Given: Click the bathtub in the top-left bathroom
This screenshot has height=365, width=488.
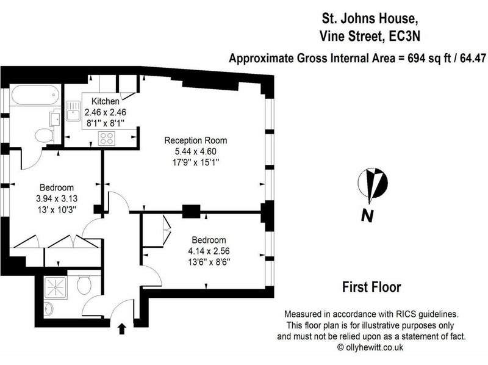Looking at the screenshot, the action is coord(35,95).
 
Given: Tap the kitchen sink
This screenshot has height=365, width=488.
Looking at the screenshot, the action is coord(73,110).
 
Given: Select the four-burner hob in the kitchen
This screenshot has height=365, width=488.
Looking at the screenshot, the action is coord(107,139).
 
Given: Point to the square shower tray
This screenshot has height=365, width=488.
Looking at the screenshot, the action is coord(56,287).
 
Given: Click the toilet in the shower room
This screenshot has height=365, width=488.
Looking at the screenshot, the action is coord(84,284).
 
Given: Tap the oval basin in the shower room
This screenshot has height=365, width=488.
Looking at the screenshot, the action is coord(49,309).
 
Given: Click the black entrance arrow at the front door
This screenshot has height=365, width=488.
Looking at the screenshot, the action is coord(122,329).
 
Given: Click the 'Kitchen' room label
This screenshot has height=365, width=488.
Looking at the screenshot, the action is coord(105,101).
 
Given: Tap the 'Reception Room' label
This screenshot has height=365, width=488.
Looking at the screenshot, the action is coord(195,140).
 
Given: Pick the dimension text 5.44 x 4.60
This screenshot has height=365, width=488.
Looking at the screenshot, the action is coord(195,151).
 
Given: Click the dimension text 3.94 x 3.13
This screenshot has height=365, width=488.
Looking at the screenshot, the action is coord(57,198).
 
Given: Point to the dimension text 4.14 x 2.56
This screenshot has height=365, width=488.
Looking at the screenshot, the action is coord(209,251).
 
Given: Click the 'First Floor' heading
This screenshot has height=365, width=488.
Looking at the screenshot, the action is coord(371,287).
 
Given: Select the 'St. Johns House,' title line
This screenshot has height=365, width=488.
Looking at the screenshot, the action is coord(370,18).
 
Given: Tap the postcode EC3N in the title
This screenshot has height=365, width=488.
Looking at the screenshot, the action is coord(404,37).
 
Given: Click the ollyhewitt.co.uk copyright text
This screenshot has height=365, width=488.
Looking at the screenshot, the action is coord(370,347).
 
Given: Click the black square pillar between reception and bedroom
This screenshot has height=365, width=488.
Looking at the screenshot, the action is coord(191,212).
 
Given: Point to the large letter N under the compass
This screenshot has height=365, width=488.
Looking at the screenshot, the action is coord(367,215).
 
